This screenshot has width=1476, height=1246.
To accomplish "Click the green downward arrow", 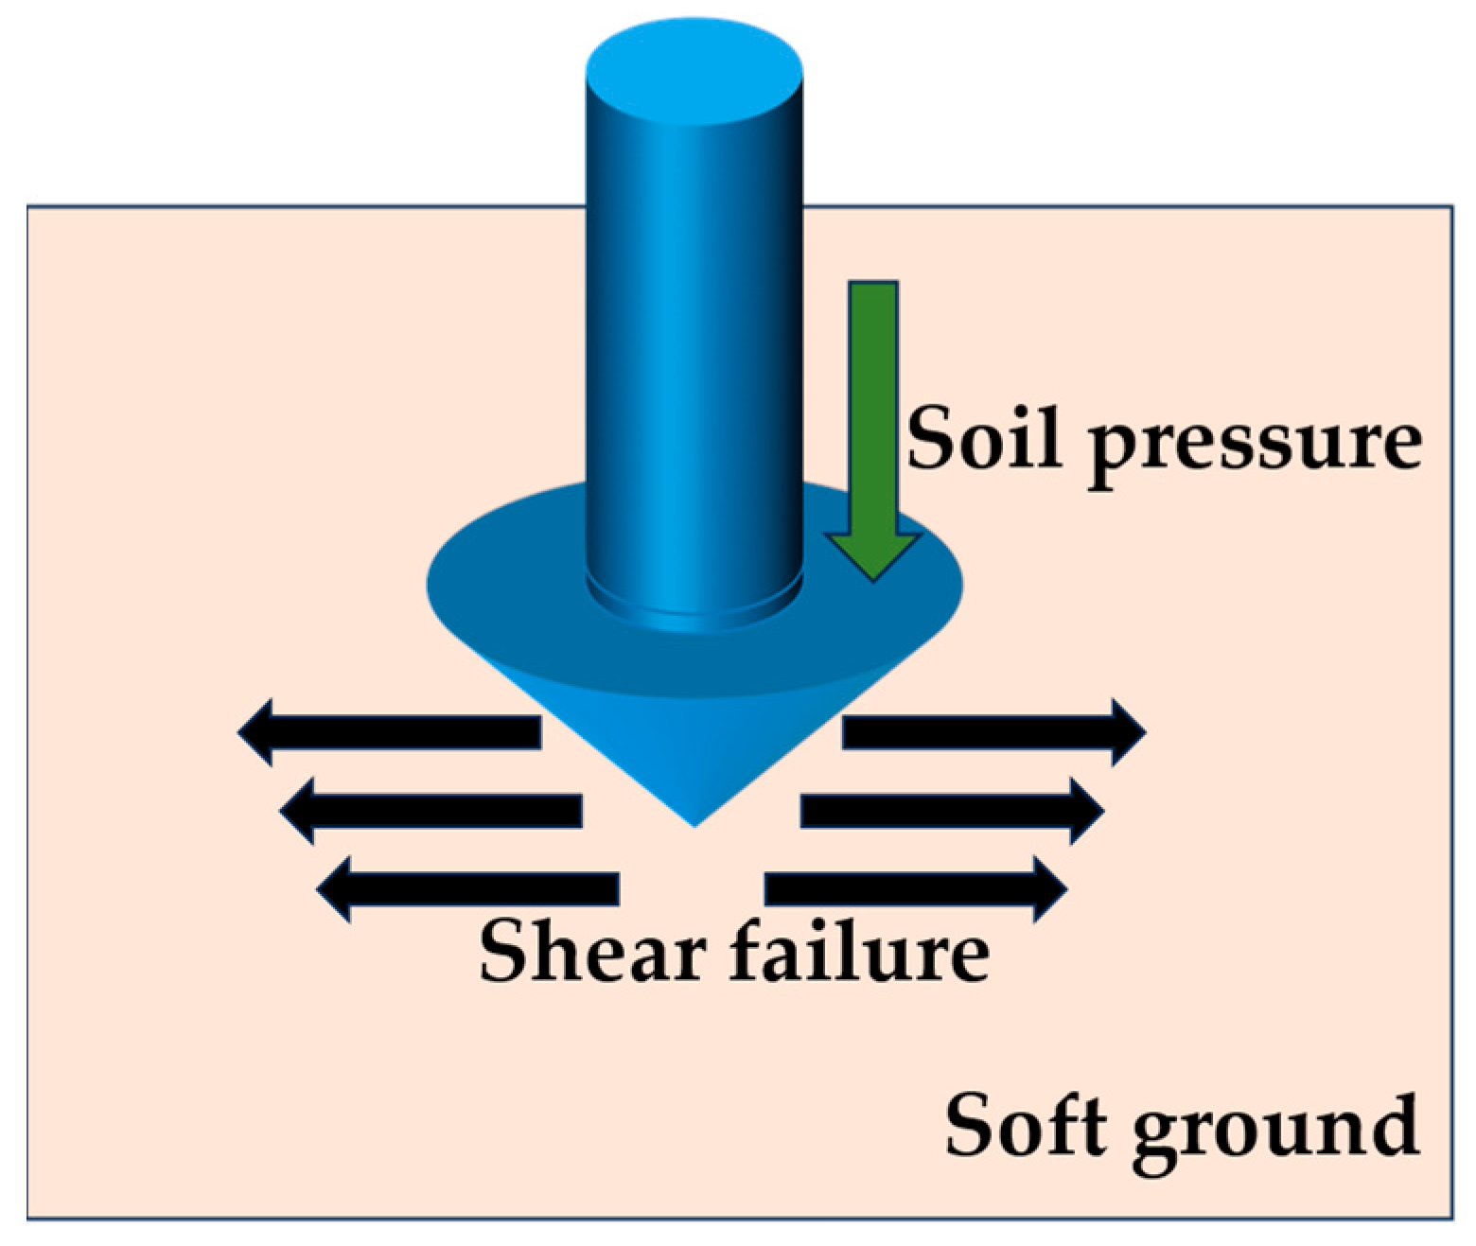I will click(872, 416).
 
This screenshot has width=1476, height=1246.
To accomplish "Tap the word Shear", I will click(592, 951).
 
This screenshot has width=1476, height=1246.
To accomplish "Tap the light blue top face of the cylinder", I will click(694, 72).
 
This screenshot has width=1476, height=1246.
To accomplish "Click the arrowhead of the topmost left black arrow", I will click(256, 732).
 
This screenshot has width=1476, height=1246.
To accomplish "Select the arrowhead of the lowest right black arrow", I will click(1049, 889).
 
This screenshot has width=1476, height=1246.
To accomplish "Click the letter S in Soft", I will click(972, 1126).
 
